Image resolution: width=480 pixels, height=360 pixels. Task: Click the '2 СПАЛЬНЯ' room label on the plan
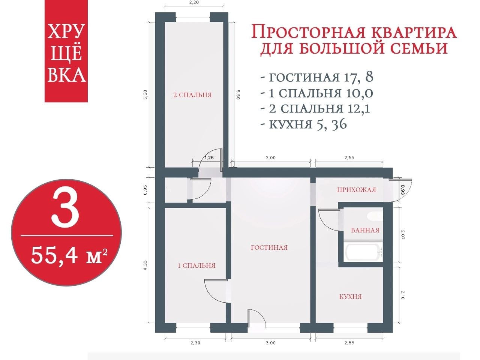pyautogui.click(x=192, y=95)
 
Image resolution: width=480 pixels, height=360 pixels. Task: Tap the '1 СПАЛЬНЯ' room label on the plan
pyautogui.click(x=196, y=265)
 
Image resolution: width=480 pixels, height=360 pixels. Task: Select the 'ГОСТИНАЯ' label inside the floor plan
pyautogui.click(x=269, y=247)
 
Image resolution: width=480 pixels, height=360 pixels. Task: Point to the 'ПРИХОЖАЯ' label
pyautogui.click(x=357, y=190)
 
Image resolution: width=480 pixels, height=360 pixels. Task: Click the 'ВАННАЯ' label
pyautogui.click(x=365, y=230)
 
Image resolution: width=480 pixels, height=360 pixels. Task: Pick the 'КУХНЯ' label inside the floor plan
pyautogui.click(x=351, y=297)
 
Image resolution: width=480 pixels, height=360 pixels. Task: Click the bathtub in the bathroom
pyautogui.click(x=363, y=253)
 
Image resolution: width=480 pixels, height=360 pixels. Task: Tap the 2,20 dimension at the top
pyautogui.click(x=194, y=3)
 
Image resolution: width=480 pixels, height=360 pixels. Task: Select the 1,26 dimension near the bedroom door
pyautogui.click(x=209, y=157)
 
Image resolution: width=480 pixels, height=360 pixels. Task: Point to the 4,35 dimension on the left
pyautogui.click(x=146, y=265)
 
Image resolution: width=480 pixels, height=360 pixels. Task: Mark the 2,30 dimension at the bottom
pyautogui.click(x=195, y=343)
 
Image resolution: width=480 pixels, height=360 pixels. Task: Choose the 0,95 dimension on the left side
pyautogui.click(x=146, y=190)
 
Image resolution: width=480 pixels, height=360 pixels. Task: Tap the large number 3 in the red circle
pyautogui.click(x=65, y=208)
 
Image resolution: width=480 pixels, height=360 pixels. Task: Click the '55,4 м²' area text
pyautogui.click(x=69, y=255)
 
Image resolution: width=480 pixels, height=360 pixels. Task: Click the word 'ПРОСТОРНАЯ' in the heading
pyautogui.click(x=308, y=32)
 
